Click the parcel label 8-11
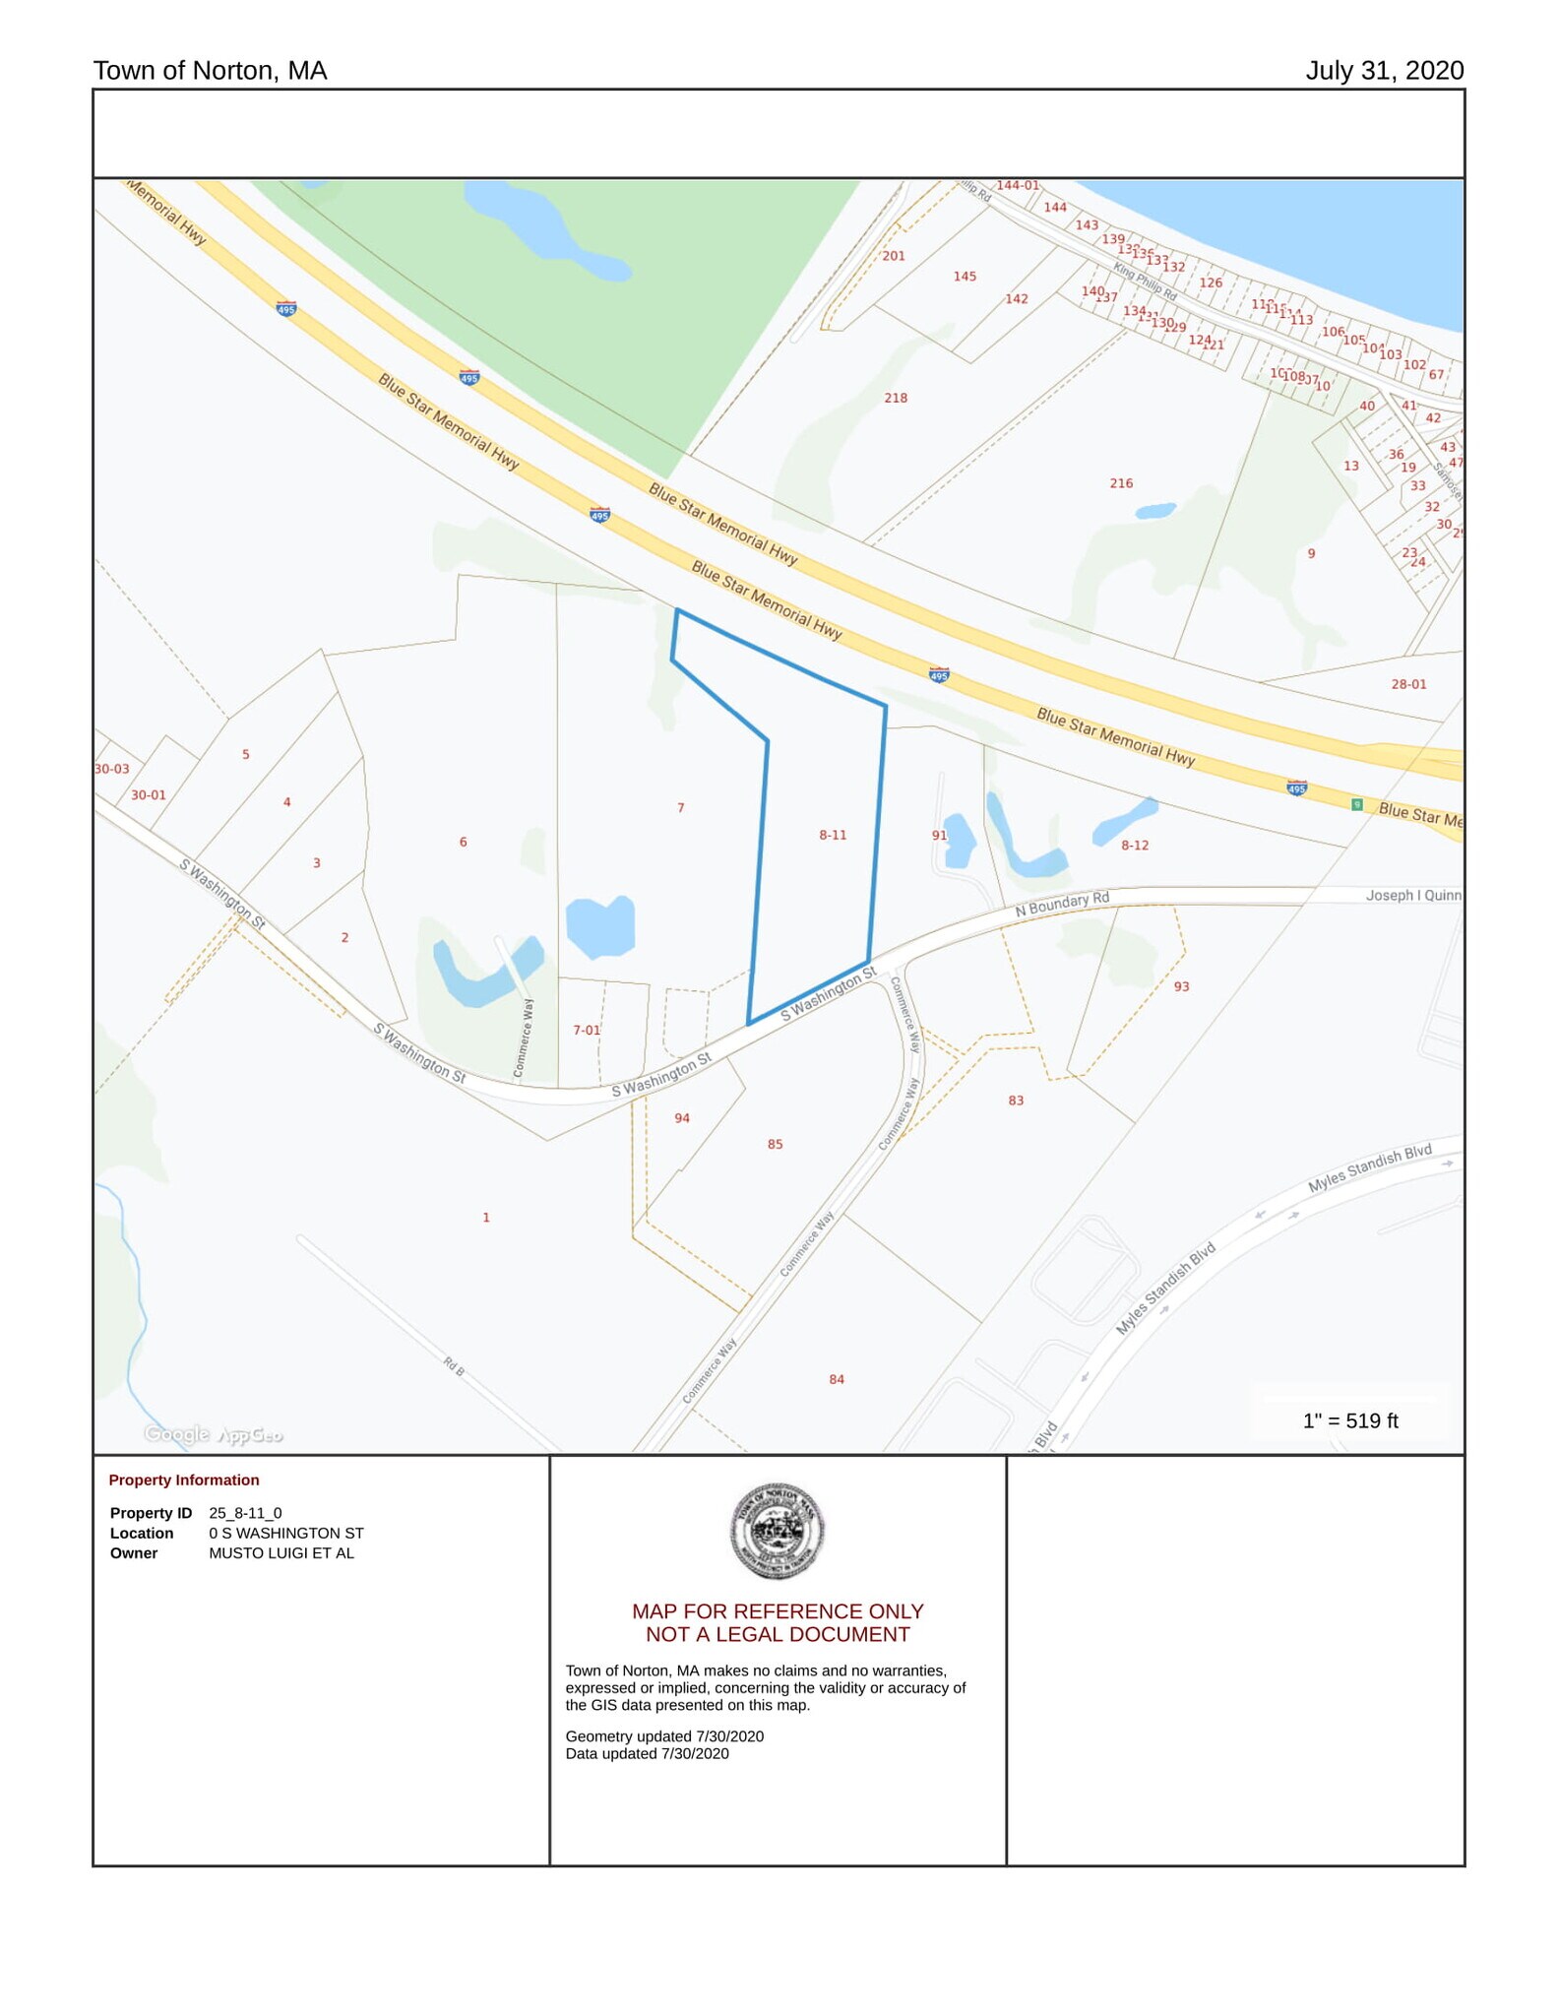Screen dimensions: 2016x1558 click(x=832, y=835)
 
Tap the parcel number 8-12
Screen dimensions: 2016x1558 click(x=1134, y=845)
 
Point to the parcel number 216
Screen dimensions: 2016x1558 click(x=1121, y=483)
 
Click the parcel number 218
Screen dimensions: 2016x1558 click(x=895, y=398)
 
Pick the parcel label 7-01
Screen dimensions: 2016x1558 click(x=586, y=1030)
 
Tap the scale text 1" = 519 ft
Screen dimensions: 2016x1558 click(x=1349, y=1420)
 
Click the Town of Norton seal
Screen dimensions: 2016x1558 click(x=778, y=1531)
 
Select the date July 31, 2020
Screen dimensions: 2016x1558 click(x=1384, y=71)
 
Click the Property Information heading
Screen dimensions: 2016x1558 click(x=184, y=1480)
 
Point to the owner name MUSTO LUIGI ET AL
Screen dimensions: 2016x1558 click(x=280, y=1552)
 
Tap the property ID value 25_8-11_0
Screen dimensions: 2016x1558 click(x=245, y=1513)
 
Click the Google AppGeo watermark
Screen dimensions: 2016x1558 click(x=214, y=1434)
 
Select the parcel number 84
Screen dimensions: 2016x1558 click(x=836, y=1379)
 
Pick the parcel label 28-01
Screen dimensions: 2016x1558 click(x=1407, y=684)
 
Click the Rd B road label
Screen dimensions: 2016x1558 click(x=453, y=1366)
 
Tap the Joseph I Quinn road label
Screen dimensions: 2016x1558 click(x=1412, y=895)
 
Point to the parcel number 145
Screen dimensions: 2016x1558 click(x=964, y=277)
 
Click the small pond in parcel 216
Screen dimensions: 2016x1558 click(x=1154, y=511)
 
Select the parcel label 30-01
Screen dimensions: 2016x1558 click(x=149, y=795)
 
